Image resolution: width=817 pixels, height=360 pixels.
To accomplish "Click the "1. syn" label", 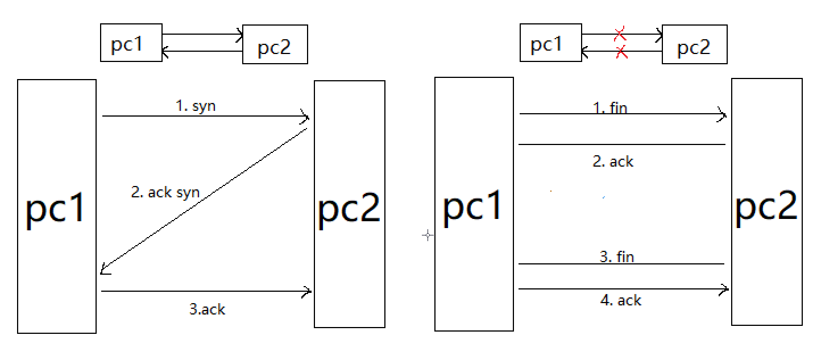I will click(x=196, y=106).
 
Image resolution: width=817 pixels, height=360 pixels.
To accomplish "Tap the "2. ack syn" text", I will click(x=165, y=192).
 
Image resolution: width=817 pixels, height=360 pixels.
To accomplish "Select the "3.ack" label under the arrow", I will click(x=207, y=309).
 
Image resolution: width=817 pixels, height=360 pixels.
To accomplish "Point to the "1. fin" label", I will click(x=610, y=107).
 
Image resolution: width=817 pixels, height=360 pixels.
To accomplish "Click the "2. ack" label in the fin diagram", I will click(x=613, y=162).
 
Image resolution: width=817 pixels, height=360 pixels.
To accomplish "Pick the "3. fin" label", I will click(x=617, y=256).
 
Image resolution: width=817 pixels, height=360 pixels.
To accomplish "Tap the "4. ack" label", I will click(x=621, y=300).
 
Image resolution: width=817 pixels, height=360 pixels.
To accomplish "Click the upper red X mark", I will click(x=620, y=34).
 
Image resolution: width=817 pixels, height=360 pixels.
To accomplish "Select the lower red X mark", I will click(x=621, y=53).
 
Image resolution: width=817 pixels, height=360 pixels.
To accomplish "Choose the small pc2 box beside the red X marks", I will click(x=694, y=45).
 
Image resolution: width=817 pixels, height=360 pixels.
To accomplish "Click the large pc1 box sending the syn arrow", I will click(x=56, y=206).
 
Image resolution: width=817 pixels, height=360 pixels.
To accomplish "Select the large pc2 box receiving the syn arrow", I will click(x=349, y=204).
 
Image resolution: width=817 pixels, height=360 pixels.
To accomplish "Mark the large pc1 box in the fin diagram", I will click(x=474, y=204).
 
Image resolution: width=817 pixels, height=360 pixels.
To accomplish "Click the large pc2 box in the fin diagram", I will click(x=766, y=202).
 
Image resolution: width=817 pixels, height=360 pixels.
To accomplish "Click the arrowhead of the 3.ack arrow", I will click(x=308, y=292).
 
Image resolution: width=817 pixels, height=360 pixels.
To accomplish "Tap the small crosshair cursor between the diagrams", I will click(x=428, y=235).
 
